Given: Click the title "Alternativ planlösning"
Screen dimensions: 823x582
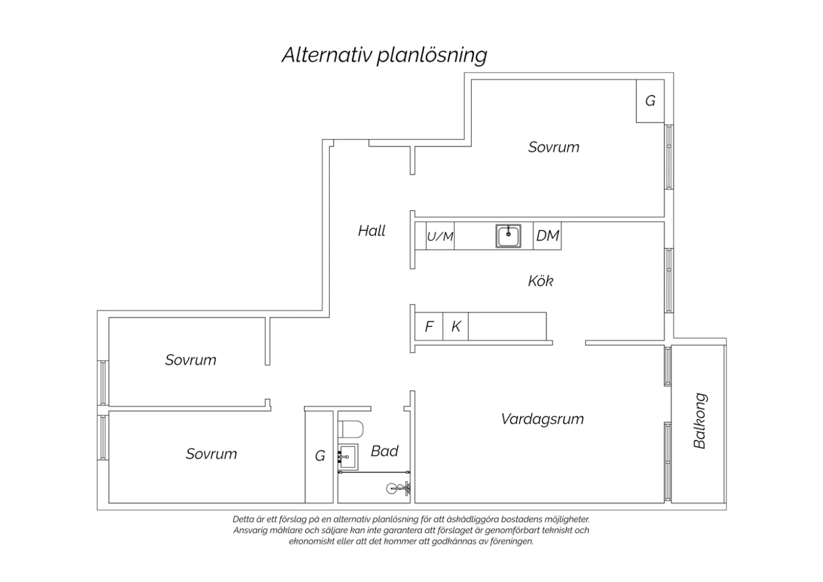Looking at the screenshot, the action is tap(384, 55).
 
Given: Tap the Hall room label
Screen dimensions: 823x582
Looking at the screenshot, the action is tap(371, 231).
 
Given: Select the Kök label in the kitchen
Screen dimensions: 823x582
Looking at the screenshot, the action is tap(540, 281).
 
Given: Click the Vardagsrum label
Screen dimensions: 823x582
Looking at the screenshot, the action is tap(542, 419).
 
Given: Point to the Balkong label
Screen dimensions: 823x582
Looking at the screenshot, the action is tap(700, 421).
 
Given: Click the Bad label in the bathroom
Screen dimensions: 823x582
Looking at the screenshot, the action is tap(384, 451).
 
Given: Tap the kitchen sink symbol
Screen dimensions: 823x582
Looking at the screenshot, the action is tap(508, 236).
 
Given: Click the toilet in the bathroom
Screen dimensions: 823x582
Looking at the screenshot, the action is tap(351, 429).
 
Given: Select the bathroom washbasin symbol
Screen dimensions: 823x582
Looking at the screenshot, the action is tap(347, 457).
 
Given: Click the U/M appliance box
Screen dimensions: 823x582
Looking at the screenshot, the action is tap(440, 236).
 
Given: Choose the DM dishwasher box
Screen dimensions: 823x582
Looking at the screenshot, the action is tap(547, 236).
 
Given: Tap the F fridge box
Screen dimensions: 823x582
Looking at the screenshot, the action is tap(429, 327).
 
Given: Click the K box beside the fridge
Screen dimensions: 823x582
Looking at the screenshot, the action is tap(455, 327).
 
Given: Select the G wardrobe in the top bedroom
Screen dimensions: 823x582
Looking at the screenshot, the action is tap(650, 100).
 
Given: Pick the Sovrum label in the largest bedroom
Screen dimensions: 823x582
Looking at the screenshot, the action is tap(554, 148).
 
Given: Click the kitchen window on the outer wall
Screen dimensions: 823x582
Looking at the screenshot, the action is tap(669, 281).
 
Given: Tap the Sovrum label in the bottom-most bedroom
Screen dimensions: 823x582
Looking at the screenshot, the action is tap(211, 454).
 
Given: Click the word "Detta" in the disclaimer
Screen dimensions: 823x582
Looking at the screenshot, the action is tap(242, 519).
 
